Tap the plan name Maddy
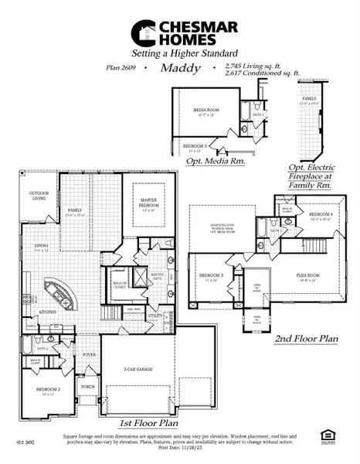180,68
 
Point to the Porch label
87,387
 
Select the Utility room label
155,316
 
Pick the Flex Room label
308,274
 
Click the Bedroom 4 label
321,216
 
